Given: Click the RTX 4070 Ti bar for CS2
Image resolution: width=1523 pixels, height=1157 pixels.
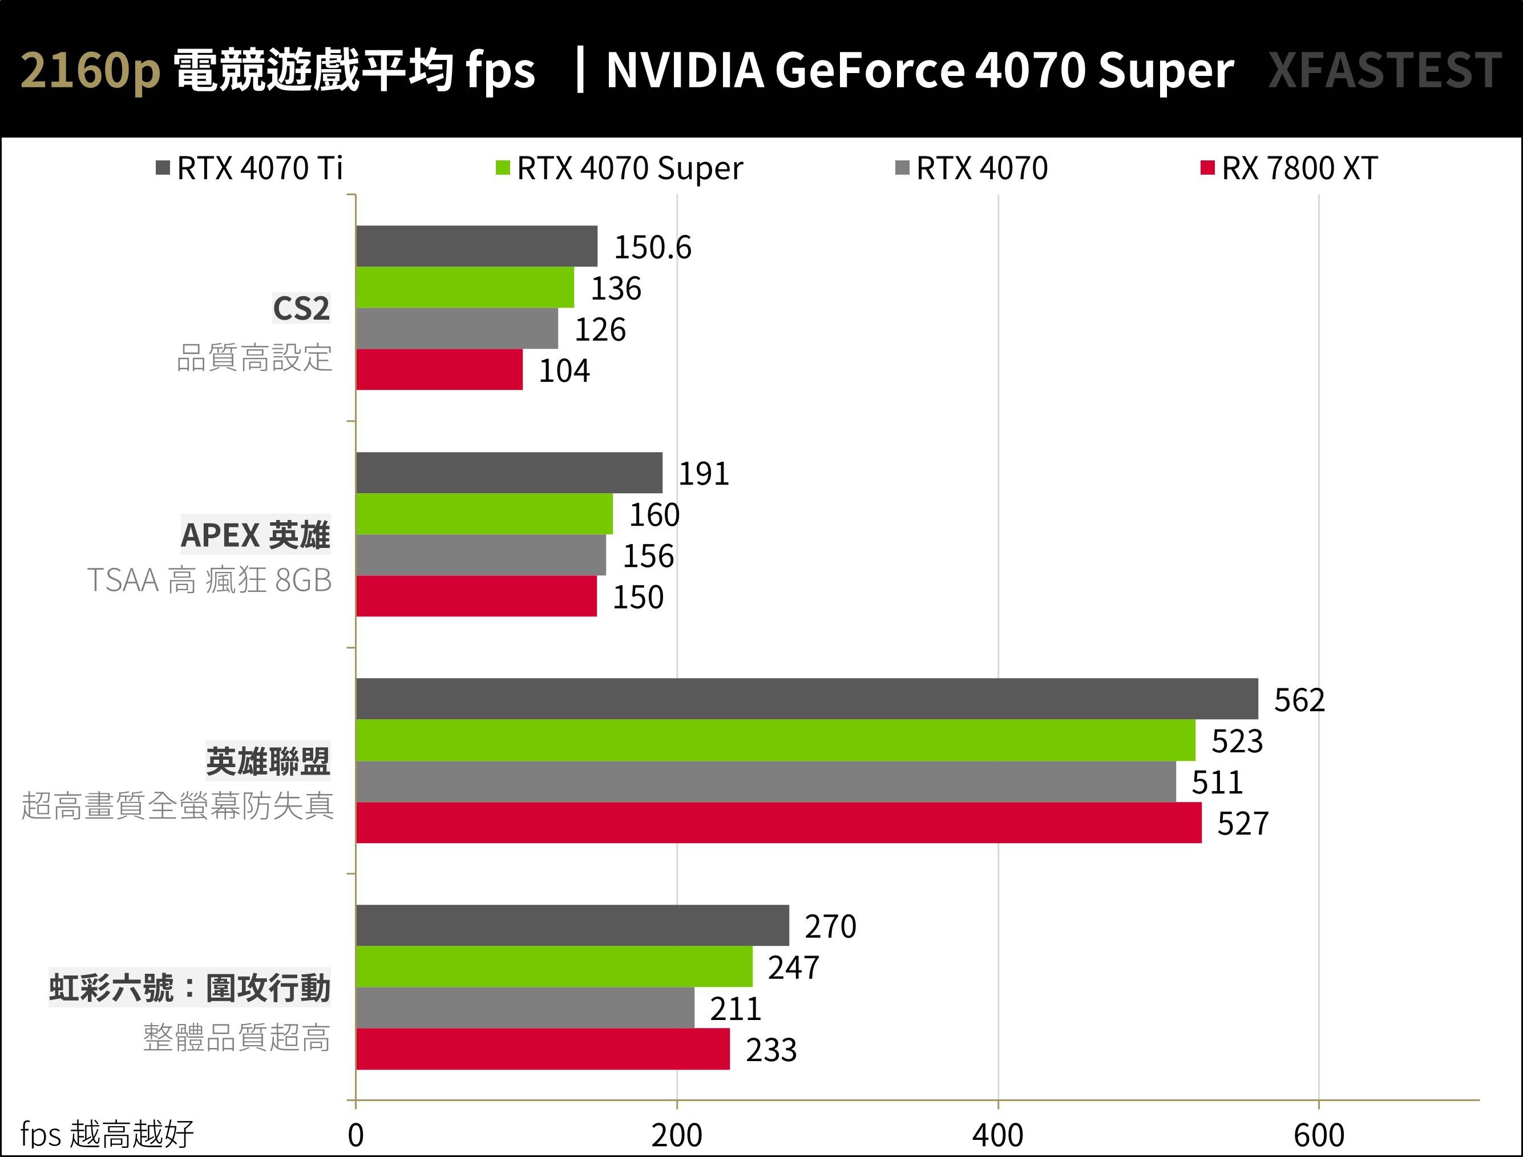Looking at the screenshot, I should (476, 246).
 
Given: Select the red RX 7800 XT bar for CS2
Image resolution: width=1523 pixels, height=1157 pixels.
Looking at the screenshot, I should (439, 370).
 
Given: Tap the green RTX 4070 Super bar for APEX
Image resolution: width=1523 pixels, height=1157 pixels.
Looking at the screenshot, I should (484, 514).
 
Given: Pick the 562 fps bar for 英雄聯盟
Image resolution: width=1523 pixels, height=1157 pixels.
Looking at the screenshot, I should (806, 699).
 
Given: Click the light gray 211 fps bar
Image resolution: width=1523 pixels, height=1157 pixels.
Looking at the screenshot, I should (524, 1007).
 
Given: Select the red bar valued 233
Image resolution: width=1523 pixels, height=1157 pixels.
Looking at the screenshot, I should (543, 1049).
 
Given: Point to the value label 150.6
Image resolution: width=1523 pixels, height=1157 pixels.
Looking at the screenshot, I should (652, 247).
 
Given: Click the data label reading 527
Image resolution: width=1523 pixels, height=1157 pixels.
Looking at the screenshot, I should (1242, 824).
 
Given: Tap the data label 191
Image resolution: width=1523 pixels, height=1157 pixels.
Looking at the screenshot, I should (703, 474).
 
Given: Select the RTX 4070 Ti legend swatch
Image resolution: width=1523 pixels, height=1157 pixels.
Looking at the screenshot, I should (163, 168).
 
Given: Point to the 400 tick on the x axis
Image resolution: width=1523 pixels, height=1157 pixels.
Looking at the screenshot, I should (997, 1135).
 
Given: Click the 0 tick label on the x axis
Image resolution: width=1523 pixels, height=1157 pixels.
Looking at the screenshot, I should (355, 1135).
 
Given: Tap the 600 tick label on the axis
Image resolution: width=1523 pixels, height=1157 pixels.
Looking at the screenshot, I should (1319, 1135).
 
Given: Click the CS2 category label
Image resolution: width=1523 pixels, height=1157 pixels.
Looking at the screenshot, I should (301, 308).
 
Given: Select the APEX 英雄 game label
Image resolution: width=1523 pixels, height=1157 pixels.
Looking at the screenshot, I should (256, 535).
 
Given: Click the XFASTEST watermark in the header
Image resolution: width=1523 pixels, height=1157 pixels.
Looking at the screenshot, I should (1384, 70).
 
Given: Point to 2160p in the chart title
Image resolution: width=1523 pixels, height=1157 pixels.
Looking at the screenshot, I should (90, 70).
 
